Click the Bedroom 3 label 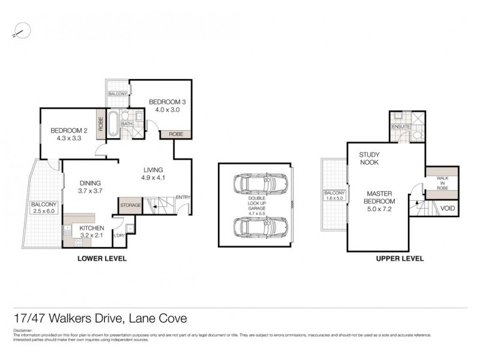[x=164, y=102]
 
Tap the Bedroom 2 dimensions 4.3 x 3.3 [x=66, y=138]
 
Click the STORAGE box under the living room [x=130, y=205]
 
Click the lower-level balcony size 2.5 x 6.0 [x=44, y=212]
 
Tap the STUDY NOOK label [x=370, y=158]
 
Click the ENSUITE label [x=400, y=127]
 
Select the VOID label [x=448, y=209]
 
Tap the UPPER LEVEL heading [x=400, y=259]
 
